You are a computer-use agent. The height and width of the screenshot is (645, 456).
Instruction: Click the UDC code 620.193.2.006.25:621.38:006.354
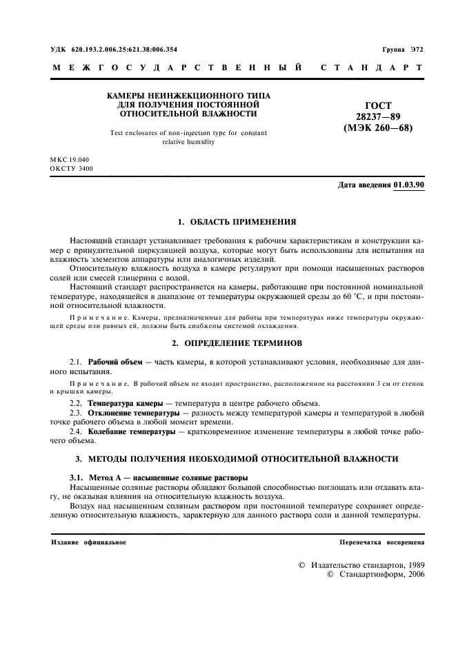123,50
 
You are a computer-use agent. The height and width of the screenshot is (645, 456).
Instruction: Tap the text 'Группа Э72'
403,50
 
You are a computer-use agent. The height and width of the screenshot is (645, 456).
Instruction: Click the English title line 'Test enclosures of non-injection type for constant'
188,132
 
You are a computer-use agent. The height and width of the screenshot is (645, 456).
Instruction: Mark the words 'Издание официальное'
89,542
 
